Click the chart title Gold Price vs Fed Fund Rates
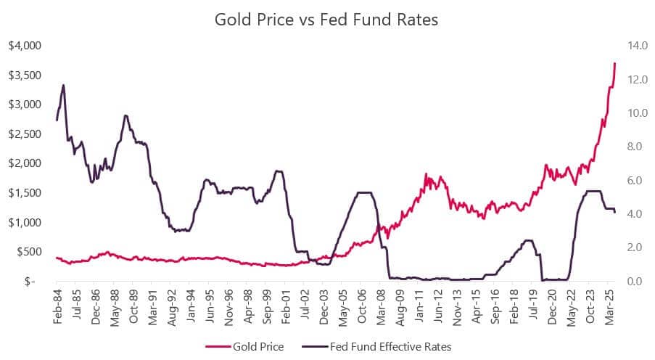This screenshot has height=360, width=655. [326, 20]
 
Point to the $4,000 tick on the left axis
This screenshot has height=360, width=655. [25, 46]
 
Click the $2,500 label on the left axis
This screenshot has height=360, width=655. [25, 134]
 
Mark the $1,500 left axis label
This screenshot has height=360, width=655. [25, 193]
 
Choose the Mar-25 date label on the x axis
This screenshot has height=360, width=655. [611, 308]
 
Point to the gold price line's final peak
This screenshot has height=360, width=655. [614, 63]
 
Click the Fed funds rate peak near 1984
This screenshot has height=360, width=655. [64, 85]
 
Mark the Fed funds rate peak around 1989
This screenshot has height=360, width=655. [125, 115]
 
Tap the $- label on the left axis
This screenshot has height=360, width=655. [30, 282]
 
